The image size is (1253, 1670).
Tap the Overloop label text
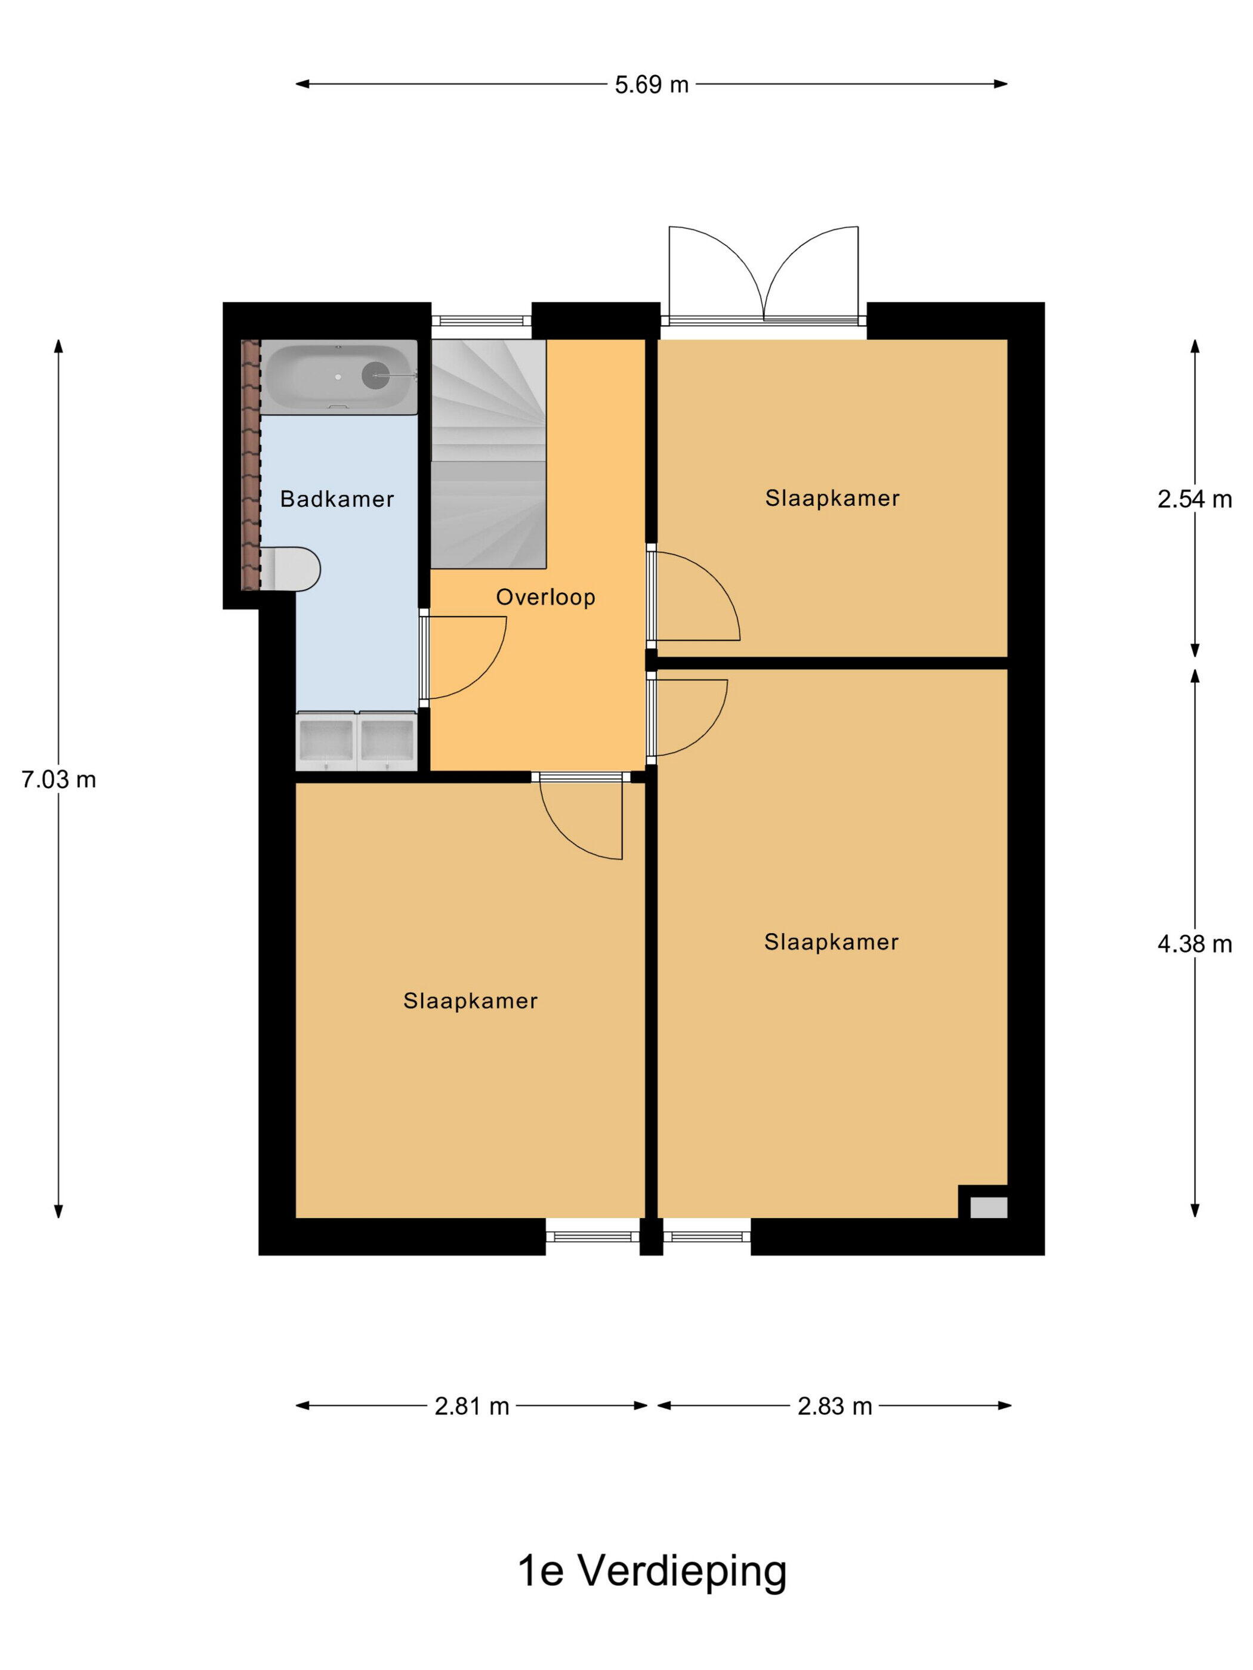tap(545, 596)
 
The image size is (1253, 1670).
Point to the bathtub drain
tap(375, 375)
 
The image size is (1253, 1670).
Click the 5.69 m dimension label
tap(651, 85)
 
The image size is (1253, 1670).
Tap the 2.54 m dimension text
tap(1194, 499)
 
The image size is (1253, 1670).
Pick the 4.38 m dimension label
tap(1194, 944)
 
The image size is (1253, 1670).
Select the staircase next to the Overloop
tap(488, 453)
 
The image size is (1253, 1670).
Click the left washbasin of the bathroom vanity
tap(326, 740)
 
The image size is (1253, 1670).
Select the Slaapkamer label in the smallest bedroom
tap(832, 498)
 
